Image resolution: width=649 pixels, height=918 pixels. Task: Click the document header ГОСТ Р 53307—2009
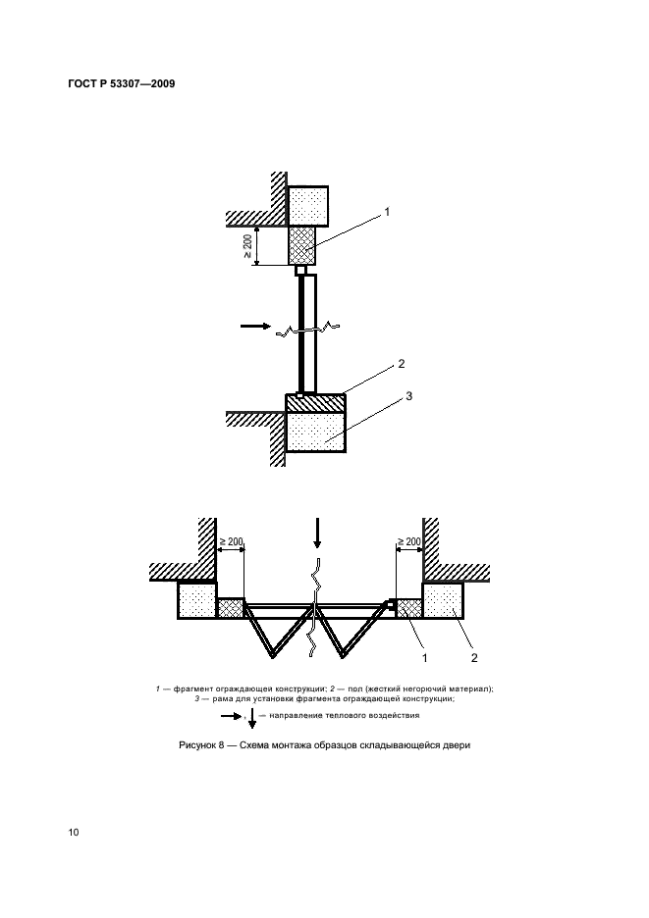(122, 83)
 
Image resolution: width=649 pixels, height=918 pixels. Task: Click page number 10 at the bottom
(74, 833)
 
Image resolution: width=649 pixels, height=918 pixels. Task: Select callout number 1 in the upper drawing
(386, 212)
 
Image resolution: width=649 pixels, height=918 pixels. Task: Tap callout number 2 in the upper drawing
(401, 364)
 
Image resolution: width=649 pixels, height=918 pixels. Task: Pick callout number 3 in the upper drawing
(408, 396)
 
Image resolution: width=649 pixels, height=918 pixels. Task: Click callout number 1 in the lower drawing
(425, 658)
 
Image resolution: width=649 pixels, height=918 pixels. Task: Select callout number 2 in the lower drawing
(473, 658)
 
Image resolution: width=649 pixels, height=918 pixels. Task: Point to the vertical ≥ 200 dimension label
(247, 246)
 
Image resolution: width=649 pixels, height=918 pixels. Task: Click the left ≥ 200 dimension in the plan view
(231, 542)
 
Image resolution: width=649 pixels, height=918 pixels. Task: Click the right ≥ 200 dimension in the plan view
(409, 542)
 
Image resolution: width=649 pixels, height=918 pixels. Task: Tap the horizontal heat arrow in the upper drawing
(255, 326)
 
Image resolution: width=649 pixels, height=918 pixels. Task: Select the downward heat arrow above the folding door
(317, 533)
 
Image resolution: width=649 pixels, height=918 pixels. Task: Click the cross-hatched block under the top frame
(302, 245)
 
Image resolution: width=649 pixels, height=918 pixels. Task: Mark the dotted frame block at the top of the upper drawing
(307, 206)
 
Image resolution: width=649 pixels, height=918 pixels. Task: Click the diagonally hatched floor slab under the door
(315, 403)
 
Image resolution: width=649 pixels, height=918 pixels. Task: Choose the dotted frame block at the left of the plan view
(197, 600)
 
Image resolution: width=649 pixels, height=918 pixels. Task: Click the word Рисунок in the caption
(197, 745)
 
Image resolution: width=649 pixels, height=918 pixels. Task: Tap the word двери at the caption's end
(458, 745)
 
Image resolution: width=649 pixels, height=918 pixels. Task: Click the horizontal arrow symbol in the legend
(231, 715)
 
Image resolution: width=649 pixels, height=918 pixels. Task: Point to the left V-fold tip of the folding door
(273, 656)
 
